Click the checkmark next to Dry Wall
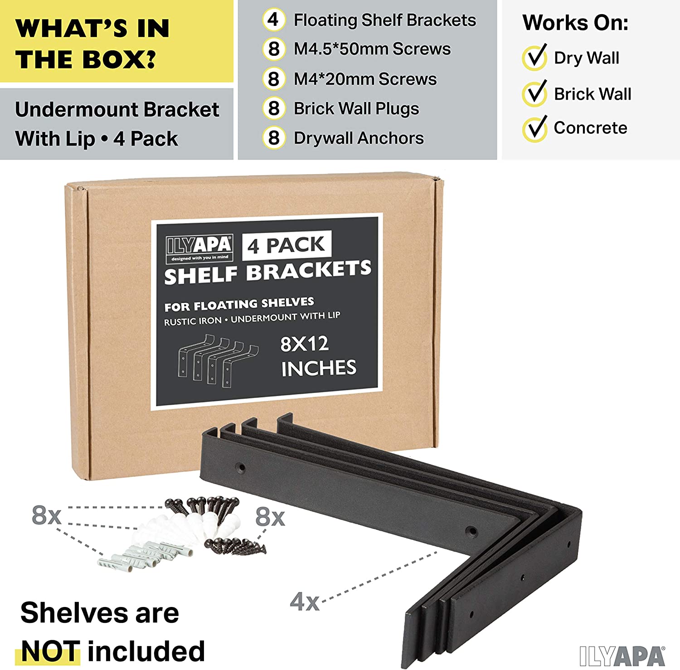[535, 58]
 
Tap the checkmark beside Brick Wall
[535, 93]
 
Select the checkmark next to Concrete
[535, 128]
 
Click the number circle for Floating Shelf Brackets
[274, 20]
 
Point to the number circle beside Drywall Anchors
[274, 138]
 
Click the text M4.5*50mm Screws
[372, 49]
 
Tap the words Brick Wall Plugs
[356, 109]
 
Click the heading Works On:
[576, 23]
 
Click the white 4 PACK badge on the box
[287, 245]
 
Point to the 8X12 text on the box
[304, 344]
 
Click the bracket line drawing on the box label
[218, 360]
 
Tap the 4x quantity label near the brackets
[305, 602]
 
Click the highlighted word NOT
[50, 651]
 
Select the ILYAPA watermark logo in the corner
[622, 656]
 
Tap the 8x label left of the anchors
[46, 515]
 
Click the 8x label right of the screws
[270, 517]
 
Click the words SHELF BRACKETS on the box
[267, 272]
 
